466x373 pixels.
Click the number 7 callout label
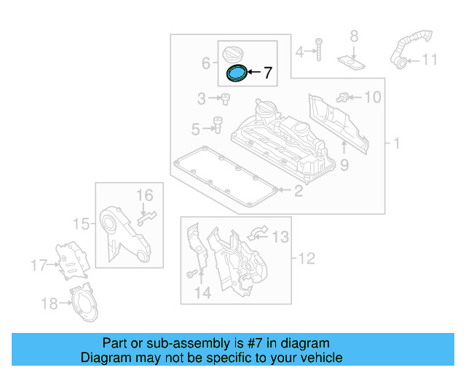pyautogui.click(x=267, y=73)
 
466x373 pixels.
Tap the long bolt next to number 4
pyautogui.click(x=318, y=49)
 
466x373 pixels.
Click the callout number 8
pyautogui.click(x=354, y=36)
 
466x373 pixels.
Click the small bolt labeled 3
pyautogui.click(x=225, y=98)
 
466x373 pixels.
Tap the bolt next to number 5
pyautogui.click(x=217, y=125)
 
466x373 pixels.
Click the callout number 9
pyautogui.click(x=344, y=165)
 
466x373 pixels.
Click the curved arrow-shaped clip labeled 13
pyautogui.click(x=257, y=233)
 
